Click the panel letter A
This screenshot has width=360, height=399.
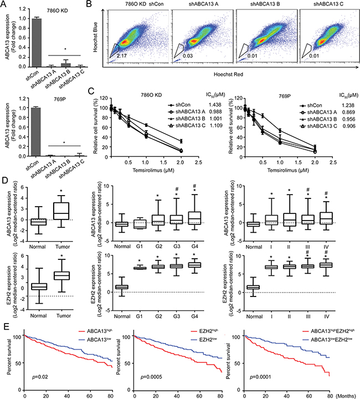[x=4, y=4]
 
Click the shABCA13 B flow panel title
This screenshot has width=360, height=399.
[x=255, y=6]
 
